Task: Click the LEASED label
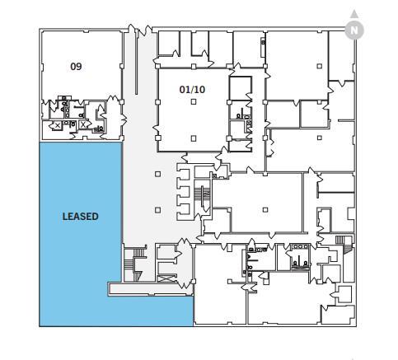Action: pyautogui.click(x=80, y=217)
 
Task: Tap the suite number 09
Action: pyautogui.click(x=76, y=66)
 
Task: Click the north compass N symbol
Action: pyautogui.click(x=354, y=29)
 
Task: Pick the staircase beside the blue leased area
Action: pyautogui.click(x=129, y=264)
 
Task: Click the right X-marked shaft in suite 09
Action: pyautogui.click(x=82, y=124)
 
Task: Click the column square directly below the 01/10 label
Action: pyautogui.click(x=193, y=101)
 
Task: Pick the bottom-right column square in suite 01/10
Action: pyautogui.click(x=193, y=138)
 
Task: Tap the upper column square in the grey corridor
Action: pyautogui.click(x=157, y=174)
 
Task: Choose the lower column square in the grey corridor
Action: pyautogui.click(x=157, y=209)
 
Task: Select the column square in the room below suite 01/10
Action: pyautogui.click(x=265, y=209)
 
